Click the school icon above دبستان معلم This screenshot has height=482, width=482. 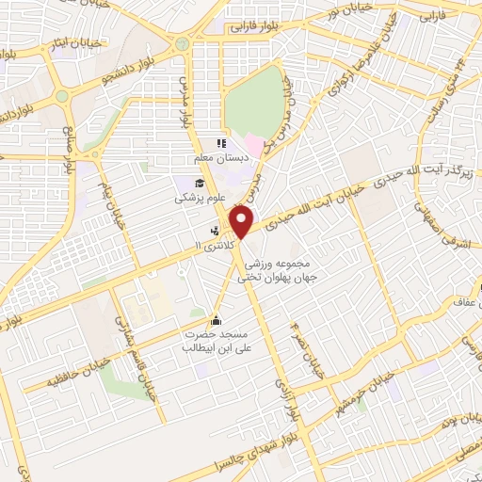coord(219,144)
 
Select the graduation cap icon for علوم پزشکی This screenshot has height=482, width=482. coord(201,184)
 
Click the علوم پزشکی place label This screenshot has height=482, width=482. coord(194,200)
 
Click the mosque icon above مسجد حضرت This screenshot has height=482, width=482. coord(218,320)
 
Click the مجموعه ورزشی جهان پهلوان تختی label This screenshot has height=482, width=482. coord(277,271)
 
